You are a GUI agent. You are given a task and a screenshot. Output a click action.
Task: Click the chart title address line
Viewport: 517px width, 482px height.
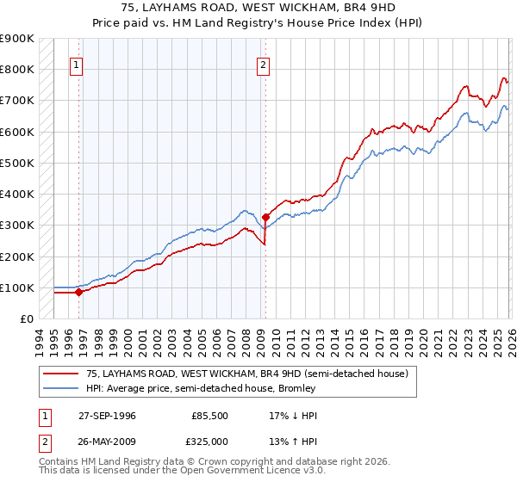pos(258,8)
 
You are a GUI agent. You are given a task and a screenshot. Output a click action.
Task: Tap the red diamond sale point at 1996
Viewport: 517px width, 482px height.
pos(79,292)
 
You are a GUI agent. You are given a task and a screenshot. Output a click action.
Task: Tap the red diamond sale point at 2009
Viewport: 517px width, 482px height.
pos(265,217)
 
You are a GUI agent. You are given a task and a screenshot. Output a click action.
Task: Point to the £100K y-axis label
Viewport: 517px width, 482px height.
pos(17,287)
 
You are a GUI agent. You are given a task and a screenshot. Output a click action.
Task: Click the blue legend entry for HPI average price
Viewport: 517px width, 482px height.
pos(201,388)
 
